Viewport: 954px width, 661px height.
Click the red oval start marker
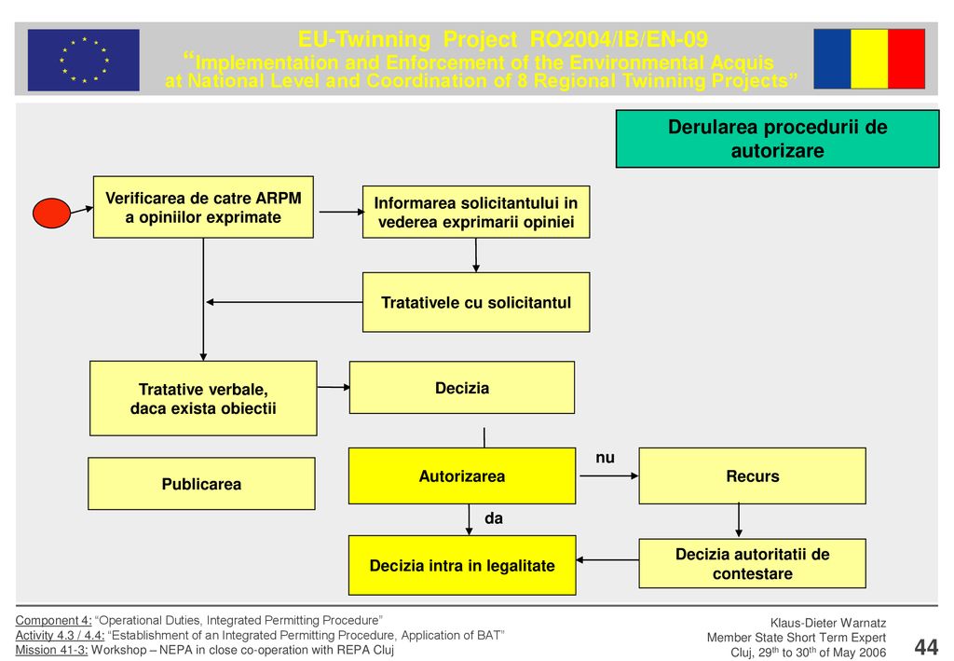(x=51, y=213)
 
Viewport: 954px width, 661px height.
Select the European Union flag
(x=83, y=60)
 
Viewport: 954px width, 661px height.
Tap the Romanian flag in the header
(x=869, y=59)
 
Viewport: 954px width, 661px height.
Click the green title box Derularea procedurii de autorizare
(x=778, y=139)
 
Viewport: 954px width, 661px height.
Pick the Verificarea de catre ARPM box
(x=203, y=207)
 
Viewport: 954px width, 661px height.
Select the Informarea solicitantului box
(x=476, y=212)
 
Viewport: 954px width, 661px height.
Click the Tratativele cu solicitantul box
(x=476, y=302)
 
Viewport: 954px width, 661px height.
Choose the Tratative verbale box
(x=203, y=399)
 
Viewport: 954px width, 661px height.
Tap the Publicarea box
(x=201, y=484)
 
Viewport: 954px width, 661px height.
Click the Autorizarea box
(x=462, y=476)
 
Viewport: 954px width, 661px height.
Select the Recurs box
(x=752, y=476)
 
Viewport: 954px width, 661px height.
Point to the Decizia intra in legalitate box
(x=462, y=566)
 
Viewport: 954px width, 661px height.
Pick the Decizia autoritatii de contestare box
(x=752, y=564)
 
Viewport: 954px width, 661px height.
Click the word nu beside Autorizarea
(x=605, y=458)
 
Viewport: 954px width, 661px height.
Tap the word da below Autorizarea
(x=494, y=518)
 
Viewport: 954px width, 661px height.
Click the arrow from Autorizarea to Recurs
(x=609, y=476)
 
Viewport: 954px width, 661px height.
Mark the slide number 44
(x=926, y=646)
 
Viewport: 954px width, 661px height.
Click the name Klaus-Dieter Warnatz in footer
(x=828, y=623)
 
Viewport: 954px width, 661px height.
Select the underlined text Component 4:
(x=53, y=620)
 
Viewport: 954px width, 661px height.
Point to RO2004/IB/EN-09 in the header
(x=619, y=39)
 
